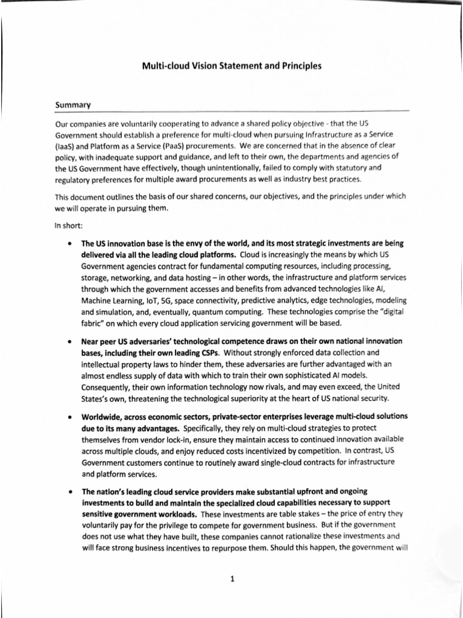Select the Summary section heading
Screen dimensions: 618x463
(x=72, y=104)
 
